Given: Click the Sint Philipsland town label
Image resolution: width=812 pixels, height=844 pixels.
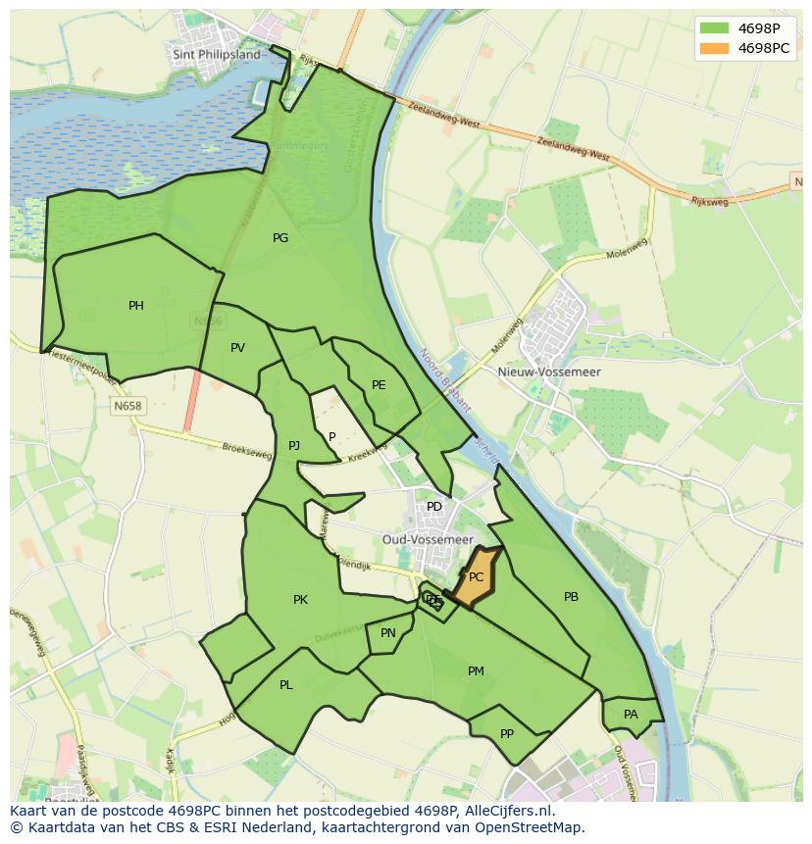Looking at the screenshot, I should point(217,55).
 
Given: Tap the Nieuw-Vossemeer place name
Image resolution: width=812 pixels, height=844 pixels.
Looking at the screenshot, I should point(563,372).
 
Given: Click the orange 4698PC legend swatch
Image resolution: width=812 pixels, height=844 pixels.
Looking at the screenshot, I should point(714,48).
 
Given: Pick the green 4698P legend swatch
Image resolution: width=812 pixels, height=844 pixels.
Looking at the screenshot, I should point(714,28).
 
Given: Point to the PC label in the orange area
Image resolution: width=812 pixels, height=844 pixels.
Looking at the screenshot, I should point(476,577).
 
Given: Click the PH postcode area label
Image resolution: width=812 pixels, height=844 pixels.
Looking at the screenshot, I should point(136,306).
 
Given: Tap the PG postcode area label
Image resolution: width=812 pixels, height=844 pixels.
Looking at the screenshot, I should point(280,237).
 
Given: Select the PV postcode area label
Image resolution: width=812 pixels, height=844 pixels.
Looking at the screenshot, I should point(237,348).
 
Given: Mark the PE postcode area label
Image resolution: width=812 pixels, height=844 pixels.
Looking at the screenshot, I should point(379,385).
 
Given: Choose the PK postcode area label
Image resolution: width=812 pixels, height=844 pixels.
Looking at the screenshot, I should point(300,600).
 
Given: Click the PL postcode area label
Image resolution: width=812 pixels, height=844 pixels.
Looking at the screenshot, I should point(285,685).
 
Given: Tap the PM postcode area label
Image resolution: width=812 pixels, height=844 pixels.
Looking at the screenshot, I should point(476,671).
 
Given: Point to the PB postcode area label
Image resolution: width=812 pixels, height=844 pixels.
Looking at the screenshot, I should point(571,597).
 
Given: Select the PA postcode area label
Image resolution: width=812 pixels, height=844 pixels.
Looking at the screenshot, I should point(631,715).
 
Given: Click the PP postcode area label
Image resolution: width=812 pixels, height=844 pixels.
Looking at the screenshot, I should point(507,733).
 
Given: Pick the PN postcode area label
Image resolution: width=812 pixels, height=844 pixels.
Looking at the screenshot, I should point(388,633).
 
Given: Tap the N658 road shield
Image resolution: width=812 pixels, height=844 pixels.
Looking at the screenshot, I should point(127,406).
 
